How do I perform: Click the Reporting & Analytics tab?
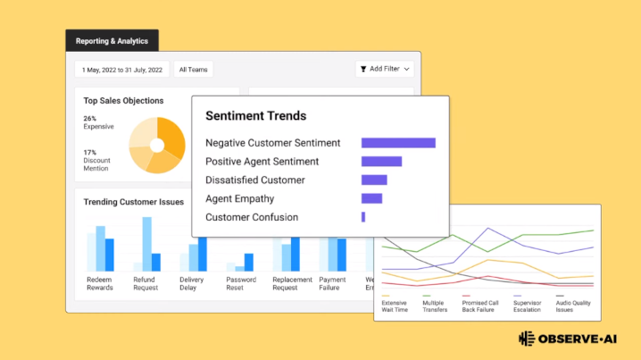coord(112,40)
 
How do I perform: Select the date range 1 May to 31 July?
coord(121,70)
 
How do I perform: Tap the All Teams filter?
coord(194,70)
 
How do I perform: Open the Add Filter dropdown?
coord(385,69)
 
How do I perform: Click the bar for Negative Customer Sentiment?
coord(398,143)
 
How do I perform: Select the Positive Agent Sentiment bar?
coord(381,162)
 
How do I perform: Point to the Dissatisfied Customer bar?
coord(374,180)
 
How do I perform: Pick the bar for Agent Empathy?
coord(371,198)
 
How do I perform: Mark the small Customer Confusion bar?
coord(363,217)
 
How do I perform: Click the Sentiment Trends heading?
coord(256,116)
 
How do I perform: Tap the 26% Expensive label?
coord(98,122)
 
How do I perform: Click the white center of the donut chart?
coord(157,146)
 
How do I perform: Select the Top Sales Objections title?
coord(123,101)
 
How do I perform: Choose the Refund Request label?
coord(146,283)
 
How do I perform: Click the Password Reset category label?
coord(241,283)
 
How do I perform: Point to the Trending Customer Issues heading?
coord(134,202)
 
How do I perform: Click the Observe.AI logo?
coord(568,339)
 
